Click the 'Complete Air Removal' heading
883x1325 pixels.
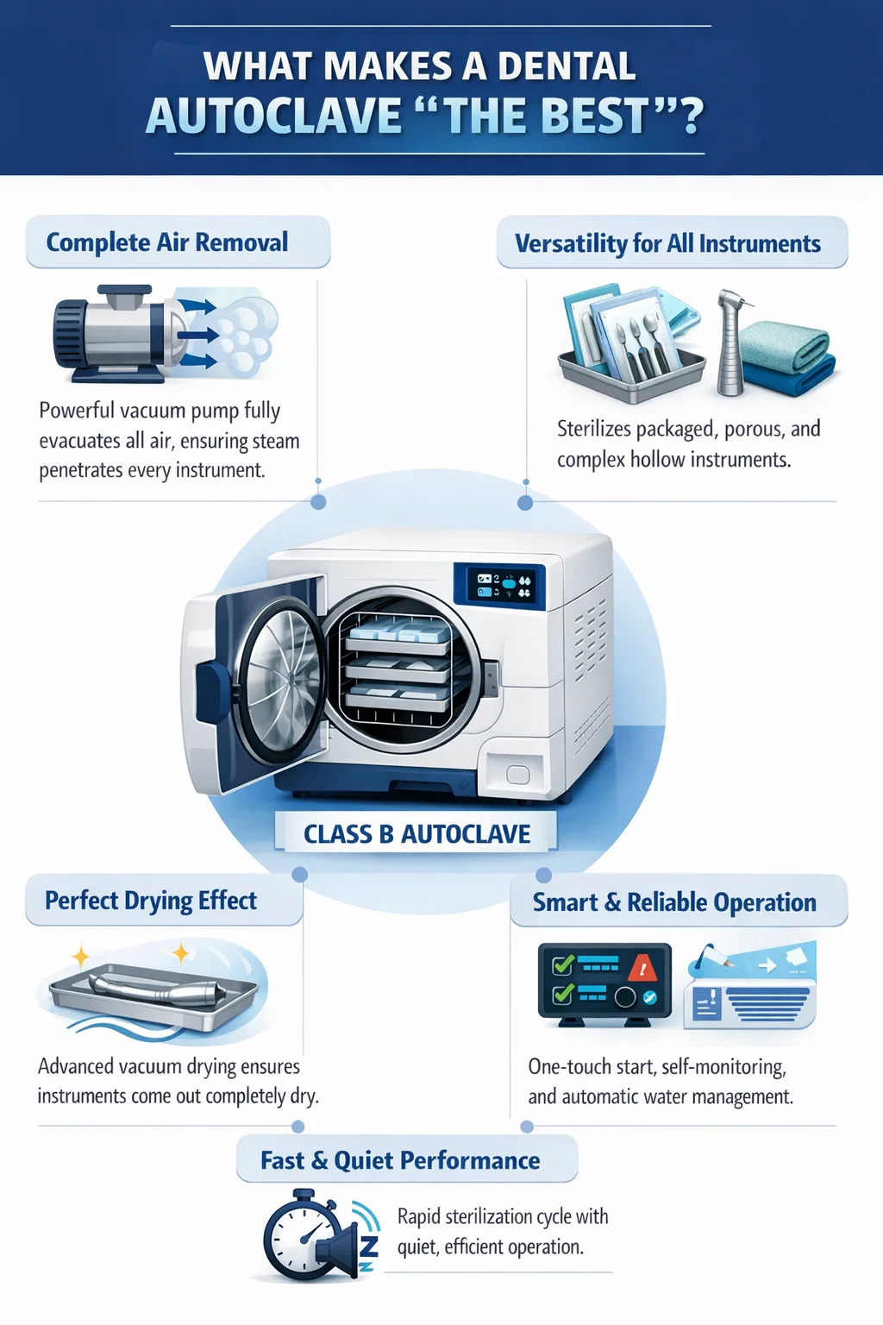tap(167, 242)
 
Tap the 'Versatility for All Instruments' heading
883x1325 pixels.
tap(667, 244)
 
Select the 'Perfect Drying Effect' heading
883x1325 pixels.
tap(151, 901)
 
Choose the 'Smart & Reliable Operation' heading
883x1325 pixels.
tap(674, 902)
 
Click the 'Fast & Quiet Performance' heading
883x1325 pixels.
tap(400, 1160)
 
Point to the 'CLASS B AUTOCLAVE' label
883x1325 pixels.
tap(416, 834)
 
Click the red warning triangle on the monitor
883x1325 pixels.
tap(642, 969)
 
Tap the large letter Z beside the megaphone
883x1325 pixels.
tap(369, 1246)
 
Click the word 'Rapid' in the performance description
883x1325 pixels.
tap(419, 1217)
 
